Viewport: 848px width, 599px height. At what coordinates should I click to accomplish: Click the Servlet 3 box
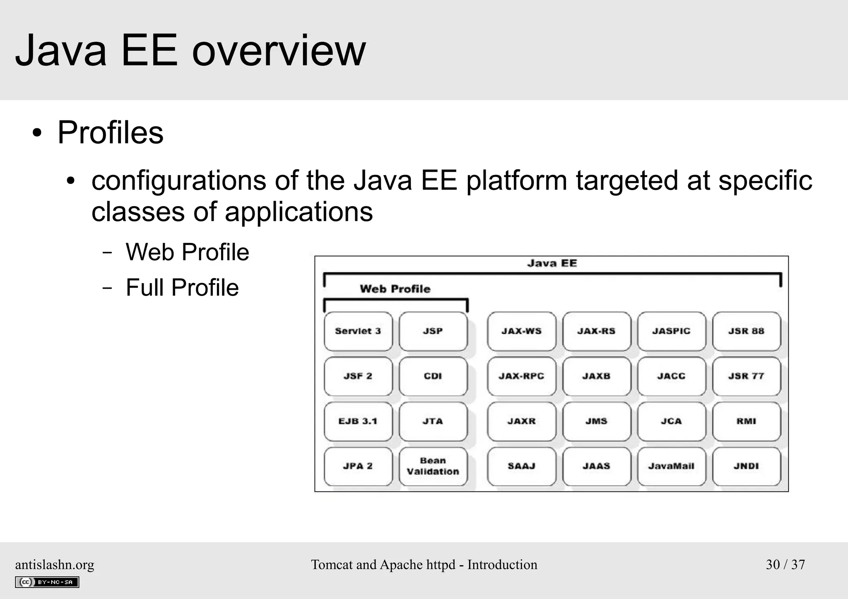358,331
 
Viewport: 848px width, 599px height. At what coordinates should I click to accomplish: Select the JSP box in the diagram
433,331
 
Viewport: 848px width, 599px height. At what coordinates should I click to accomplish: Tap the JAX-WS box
521,331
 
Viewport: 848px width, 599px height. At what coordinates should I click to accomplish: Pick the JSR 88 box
746,331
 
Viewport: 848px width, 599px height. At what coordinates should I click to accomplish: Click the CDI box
433,376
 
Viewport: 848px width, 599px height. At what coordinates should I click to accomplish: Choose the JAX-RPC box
521,376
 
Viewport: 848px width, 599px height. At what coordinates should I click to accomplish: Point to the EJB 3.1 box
358,421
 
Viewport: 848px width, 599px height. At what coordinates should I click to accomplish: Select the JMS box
596,421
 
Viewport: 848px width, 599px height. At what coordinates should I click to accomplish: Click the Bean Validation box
433,466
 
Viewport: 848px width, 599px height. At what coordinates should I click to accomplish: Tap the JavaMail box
671,466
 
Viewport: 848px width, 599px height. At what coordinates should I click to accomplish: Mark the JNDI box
746,466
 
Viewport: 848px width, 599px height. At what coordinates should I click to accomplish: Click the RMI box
746,421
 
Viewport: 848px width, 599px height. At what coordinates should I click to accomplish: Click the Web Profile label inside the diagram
395,289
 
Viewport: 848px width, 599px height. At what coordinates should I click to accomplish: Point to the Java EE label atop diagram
552,263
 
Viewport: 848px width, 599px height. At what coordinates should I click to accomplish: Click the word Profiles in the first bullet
110,132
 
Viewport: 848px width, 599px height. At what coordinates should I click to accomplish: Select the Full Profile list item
182,288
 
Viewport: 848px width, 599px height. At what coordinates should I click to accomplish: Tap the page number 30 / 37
785,565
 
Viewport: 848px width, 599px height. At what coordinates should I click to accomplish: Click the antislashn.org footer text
55,565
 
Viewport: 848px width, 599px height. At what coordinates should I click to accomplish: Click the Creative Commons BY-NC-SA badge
47,582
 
